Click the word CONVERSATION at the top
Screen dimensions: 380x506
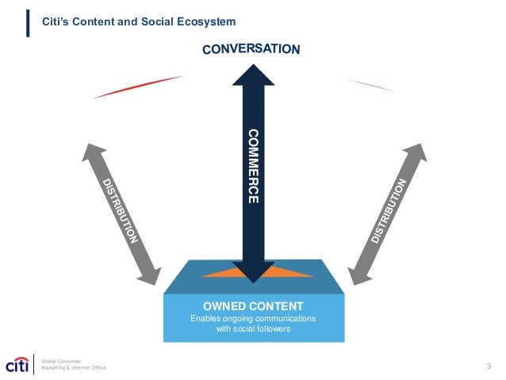point(251,49)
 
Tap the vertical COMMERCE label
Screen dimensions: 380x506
point(252,166)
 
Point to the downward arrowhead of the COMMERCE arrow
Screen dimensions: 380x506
point(253,273)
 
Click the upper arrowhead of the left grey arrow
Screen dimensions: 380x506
point(94,153)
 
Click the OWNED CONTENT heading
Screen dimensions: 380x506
point(253,305)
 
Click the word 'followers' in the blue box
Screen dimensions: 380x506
point(272,329)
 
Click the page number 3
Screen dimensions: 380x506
point(489,366)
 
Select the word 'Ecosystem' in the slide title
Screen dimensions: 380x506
point(208,21)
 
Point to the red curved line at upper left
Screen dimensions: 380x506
point(139,86)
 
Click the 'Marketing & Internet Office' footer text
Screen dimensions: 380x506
point(72,368)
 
